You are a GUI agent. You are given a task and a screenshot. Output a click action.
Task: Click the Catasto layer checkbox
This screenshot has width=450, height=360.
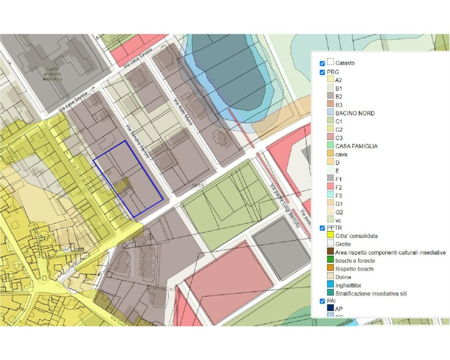[x=322, y=64]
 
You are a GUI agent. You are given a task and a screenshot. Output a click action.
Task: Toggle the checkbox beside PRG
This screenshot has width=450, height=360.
[x=322, y=72]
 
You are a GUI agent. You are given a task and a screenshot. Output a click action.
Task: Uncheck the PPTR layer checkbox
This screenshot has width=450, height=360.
[x=322, y=228]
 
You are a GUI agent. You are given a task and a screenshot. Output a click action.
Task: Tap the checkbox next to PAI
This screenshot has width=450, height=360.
[x=322, y=301]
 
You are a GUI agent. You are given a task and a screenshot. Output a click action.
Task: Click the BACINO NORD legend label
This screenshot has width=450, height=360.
[x=355, y=113]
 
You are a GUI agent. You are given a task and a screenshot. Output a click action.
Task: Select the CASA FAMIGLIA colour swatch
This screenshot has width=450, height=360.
[x=330, y=146]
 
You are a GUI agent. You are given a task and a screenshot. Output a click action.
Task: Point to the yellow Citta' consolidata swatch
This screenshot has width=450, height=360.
[x=330, y=236]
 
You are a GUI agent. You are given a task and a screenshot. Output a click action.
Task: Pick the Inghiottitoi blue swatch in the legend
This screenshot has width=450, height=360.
[x=330, y=285]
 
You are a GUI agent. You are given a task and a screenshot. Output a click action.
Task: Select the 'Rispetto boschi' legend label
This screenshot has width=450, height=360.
[x=354, y=269]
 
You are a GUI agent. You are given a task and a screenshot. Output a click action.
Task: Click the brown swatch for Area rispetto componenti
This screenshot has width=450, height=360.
[x=330, y=252]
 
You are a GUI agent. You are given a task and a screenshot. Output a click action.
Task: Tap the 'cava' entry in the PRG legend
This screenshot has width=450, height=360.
[x=341, y=154]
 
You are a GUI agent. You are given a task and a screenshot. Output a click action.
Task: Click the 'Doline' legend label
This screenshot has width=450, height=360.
[x=343, y=277]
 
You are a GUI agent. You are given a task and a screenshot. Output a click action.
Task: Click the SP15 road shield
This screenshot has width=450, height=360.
[x=198, y=186]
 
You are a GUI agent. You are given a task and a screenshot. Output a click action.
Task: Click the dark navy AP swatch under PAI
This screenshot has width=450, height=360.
[x=330, y=309]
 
